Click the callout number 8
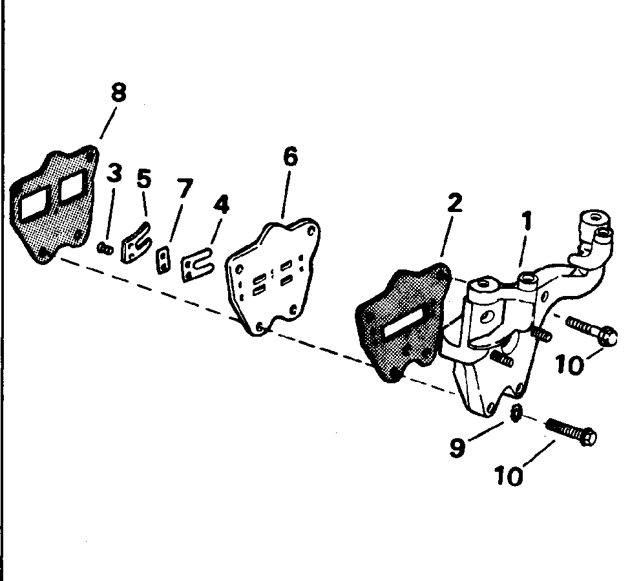pyautogui.click(x=118, y=92)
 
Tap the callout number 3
pyautogui.click(x=114, y=174)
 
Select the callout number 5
pyautogui.click(x=144, y=179)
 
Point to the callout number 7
pyautogui.click(x=185, y=189)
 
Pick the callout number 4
pyautogui.click(x=221, y=206)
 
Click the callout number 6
pyautogui.click(x=291, y=157)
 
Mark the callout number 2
pyautogui.click(x=454, y=204)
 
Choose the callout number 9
pyautogui.click(x=457, y=448)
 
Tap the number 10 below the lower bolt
pyautogui.click(x=509, y=476)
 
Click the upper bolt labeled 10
pyautogui.click(x=591, y=330)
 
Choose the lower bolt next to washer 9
pyautogui.click(x=572, y=432)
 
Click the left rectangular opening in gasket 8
pyautogui.click(x=32, y=204)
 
